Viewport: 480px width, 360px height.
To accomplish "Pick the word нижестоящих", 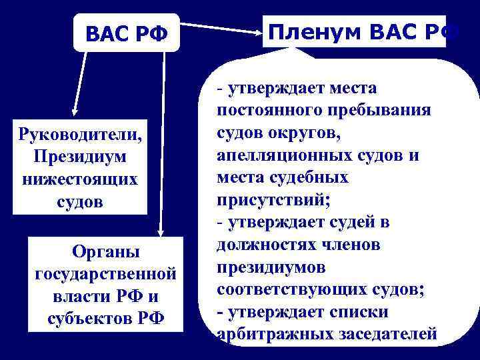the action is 81,179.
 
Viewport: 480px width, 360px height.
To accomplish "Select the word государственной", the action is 105,274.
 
